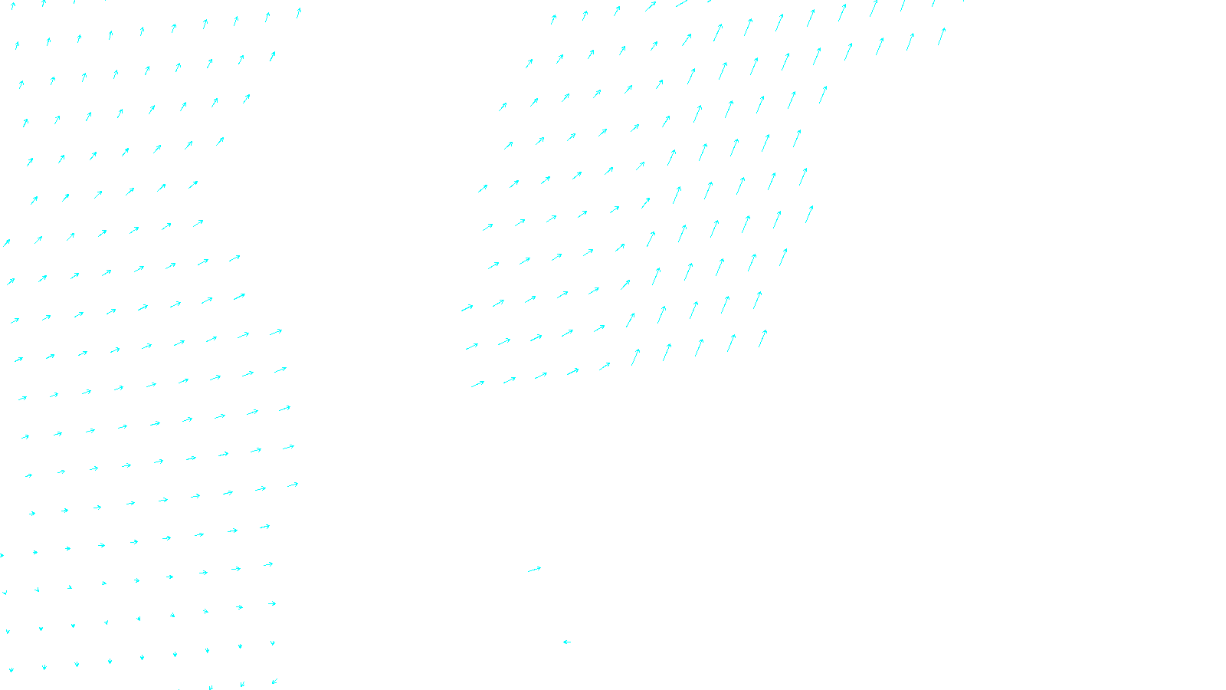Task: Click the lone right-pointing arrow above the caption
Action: [x=534, y=570]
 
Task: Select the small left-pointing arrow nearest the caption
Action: [x=567, y=642]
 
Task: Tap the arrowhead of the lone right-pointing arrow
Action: [x=539, y=568]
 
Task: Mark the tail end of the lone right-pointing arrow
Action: [x=529, y=572]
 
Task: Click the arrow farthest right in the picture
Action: [x=942, y=36]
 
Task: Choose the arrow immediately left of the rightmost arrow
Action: [x=910, y=41]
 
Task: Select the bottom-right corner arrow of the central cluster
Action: [x=762, y=338]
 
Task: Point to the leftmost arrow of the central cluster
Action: [x=467, y=308]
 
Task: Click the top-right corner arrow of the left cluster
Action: [x=298, y=12]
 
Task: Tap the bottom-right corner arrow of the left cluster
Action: [x=274, y=681]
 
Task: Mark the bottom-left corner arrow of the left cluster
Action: [x=11, y=669]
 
